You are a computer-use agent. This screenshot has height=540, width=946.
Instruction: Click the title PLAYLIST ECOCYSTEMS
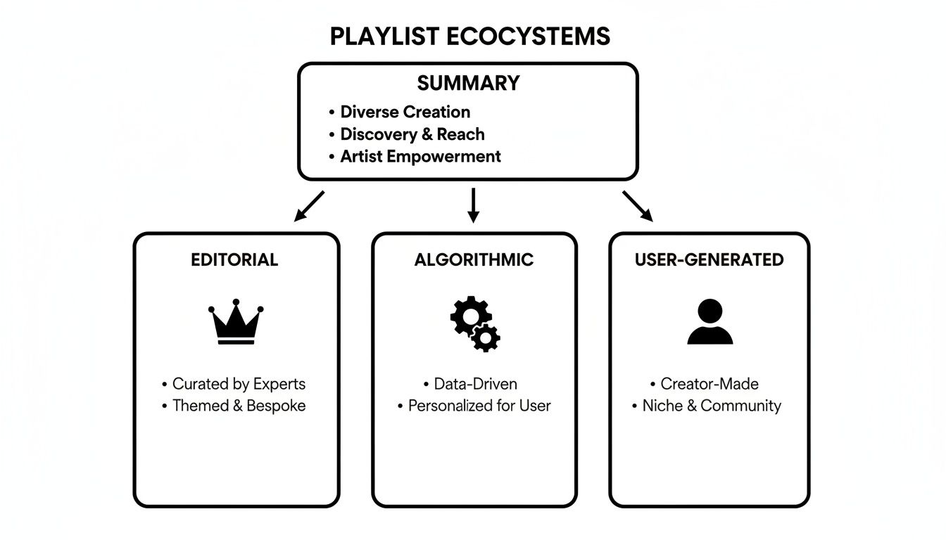[x=469, y=37]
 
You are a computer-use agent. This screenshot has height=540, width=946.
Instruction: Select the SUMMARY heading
[x=468, y=83]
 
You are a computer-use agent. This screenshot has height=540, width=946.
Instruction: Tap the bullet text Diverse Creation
[x=405, y=112]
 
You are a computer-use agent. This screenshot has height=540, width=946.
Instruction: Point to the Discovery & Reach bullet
[x=412, y=134]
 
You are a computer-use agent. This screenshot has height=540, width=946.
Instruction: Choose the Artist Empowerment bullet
[x=420, y=156]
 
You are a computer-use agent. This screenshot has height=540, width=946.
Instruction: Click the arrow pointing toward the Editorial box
[x=309, y=206]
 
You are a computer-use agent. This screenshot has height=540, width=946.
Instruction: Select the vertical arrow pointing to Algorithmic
[x=473, y=205]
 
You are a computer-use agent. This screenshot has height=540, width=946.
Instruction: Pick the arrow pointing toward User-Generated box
[x=637, y=206]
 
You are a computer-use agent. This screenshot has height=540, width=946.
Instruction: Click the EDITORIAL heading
[x=234, y=259]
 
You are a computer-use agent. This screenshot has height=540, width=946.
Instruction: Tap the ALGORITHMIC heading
[x=474, y=259]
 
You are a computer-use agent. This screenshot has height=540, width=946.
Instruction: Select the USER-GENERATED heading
[x=709, y=259]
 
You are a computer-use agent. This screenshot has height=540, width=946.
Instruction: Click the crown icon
[x=236, y=323]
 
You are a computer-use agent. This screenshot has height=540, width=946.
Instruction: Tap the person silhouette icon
[x=709, y=322]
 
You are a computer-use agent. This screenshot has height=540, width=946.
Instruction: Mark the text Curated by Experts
[x=239, y=384]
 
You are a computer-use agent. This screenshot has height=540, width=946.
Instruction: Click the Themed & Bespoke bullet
[x=239, y=406]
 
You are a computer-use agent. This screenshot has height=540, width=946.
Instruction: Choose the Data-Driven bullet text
[x=475, y=384]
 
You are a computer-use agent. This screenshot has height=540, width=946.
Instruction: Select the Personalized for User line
[x=479, y=406]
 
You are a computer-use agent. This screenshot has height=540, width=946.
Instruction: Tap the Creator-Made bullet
[x=709, y=384]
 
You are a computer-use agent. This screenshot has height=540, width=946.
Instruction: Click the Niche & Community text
[x=711, y=406]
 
